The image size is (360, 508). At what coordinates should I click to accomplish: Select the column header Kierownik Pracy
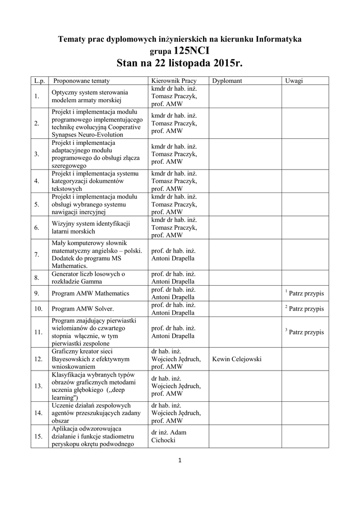point(173,80)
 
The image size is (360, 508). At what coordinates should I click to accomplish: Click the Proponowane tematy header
point(81,80)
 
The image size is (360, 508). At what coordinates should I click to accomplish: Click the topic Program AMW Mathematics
point(90,293)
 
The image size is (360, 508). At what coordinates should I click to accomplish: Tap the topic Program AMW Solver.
point(79,309)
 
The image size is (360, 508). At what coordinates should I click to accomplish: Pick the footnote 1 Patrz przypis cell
point(304,293)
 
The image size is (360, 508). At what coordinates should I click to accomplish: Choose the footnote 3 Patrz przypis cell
point(304,331)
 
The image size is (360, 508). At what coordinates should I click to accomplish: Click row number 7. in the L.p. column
point(37,254)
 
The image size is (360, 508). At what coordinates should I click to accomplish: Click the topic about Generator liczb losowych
point(88,277)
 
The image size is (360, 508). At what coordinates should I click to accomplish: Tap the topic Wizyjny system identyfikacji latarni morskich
point(90,227)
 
